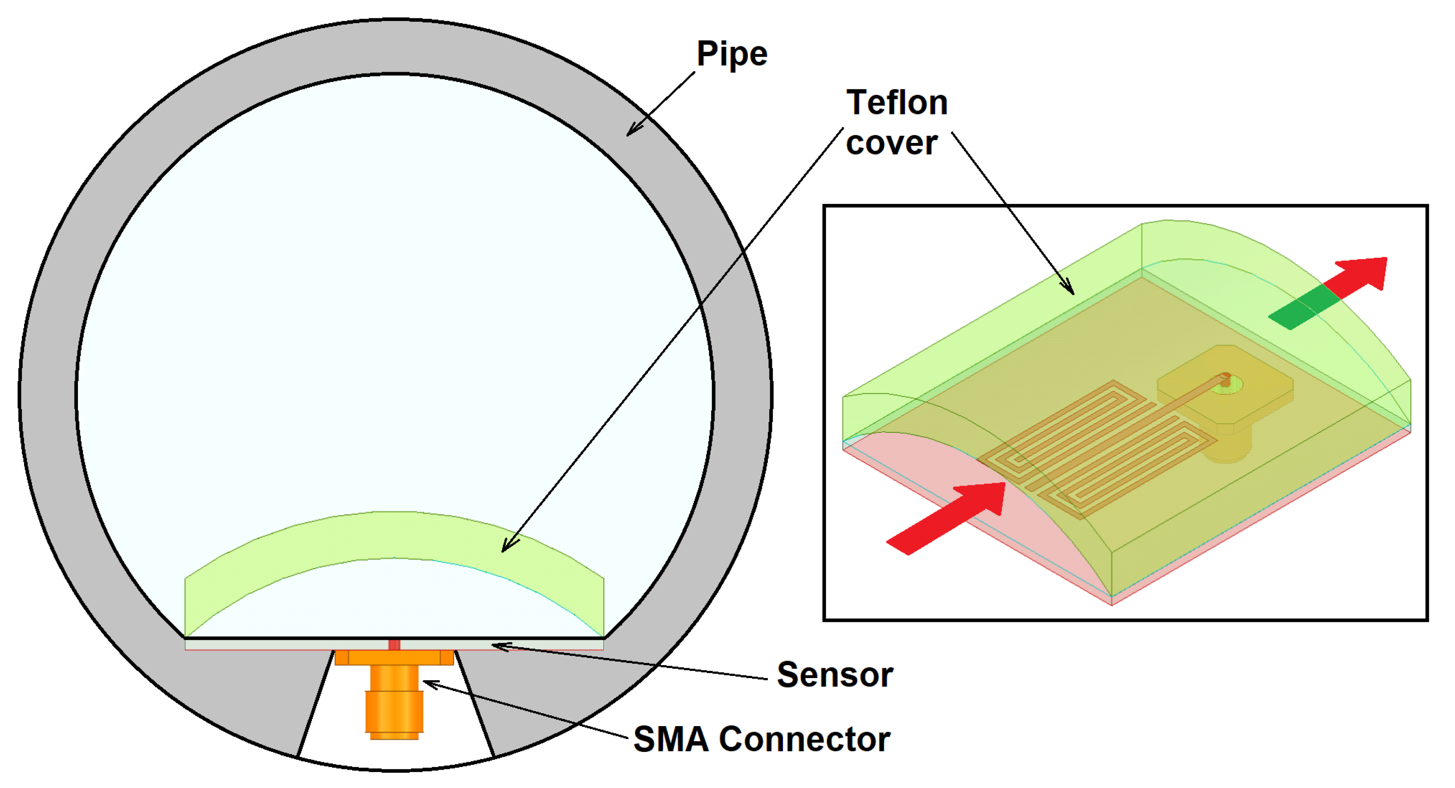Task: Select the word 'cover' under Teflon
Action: click(x=891, y=143)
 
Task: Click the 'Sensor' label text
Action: click(x=835, y=674)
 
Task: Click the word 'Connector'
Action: click(x=804, y=739)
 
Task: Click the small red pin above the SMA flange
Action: click(x=394, y=645)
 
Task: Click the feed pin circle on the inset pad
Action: click(x=1225, y=377)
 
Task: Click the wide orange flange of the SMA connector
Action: click(x=394, y=658)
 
